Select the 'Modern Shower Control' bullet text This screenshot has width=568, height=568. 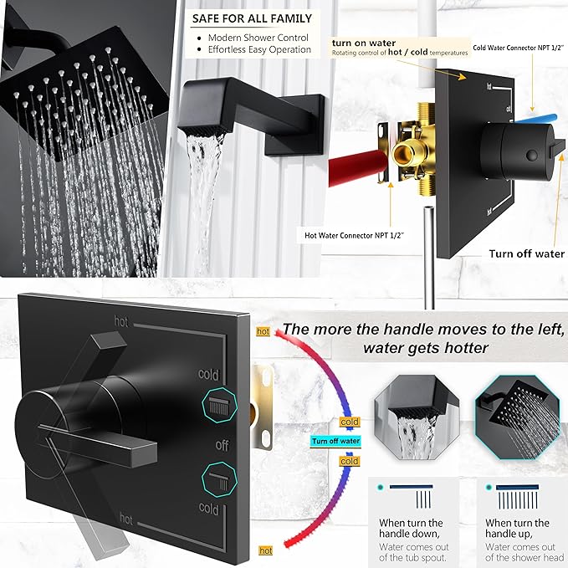[x=258, y=38]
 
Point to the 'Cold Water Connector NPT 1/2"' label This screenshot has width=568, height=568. [x=519, y=48]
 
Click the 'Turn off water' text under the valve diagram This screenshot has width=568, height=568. [x=527, y=253]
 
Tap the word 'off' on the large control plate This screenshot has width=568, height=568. [x=222, y=446]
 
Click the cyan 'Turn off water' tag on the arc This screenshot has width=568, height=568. [x=335, y=441]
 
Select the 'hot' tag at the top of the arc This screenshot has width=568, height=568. [x=264, y=332]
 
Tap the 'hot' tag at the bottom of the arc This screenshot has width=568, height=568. [x=266, y=550]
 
